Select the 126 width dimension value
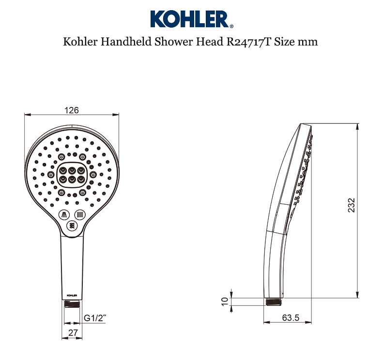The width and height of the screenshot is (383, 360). [x=72, y=110]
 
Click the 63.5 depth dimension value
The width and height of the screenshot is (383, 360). [x=291, y=318]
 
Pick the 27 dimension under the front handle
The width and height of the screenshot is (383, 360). [x=72, y=332]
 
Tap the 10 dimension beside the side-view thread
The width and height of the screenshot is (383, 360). [x=224, y=301]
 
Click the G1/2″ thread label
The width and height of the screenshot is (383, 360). [x=95, y=318]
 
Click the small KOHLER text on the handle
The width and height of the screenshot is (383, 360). [x=72, y=294]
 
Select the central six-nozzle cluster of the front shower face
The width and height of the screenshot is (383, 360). [x=72, y=175]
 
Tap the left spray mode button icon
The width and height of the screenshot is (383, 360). [x=63, y=214]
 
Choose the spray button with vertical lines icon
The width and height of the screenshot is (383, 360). [x=80, y=214]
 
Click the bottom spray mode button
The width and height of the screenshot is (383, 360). [x=72, y=225]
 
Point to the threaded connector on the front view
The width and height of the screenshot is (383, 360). [x=72, y=303]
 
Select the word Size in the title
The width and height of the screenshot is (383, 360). [x=284, y=42]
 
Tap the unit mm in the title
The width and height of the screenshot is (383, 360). [x=308, y=42]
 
